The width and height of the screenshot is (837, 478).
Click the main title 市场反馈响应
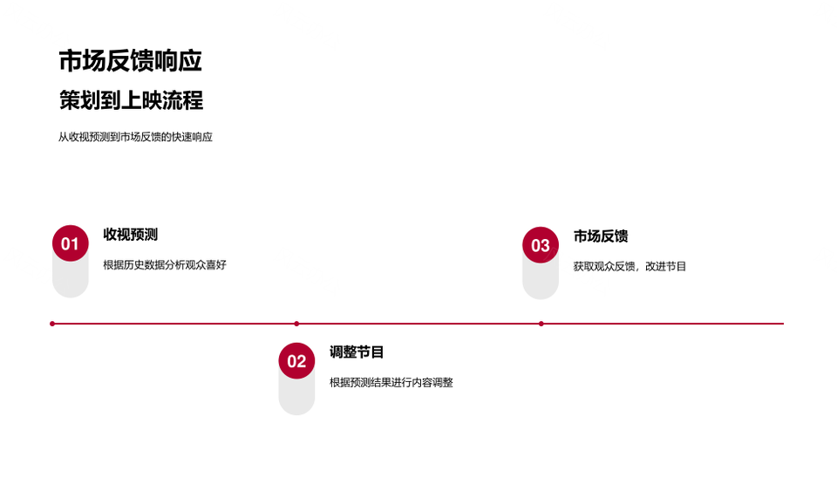(x=130, y=60)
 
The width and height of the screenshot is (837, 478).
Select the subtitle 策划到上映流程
(x=132, y=100)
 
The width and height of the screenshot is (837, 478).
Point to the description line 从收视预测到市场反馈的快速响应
(x=135, y=137)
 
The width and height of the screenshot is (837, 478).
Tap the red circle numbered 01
(x=71, y=243)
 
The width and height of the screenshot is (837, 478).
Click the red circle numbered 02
(x=296, y=361)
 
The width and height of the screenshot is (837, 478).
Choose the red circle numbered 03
(x=541, y=245)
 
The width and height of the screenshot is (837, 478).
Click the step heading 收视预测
(x=130, y=235)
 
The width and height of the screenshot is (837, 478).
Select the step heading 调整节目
(x=357, y=352)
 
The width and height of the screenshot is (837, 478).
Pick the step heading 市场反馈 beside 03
(x=601, y=236)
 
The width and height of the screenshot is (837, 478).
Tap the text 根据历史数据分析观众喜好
(x=165, y=265)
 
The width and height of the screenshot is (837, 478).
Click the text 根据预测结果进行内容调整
(x=391, y=382)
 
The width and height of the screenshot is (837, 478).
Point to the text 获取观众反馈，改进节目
(x=629, y=267)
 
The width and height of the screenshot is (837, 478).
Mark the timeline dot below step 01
(x=52, y=324)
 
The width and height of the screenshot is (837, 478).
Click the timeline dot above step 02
(x=296, y=324)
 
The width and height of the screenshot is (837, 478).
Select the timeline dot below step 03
(x=541, y=324)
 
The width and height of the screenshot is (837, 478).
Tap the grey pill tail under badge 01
(x=71, y=280)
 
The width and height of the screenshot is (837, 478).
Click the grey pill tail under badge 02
(x=296, y=398)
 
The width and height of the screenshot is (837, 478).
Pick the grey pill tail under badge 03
(x=541, y=282)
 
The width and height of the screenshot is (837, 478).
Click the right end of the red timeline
(x=784, y=324)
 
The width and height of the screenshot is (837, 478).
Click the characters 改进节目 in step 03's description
(x=665, y=267)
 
